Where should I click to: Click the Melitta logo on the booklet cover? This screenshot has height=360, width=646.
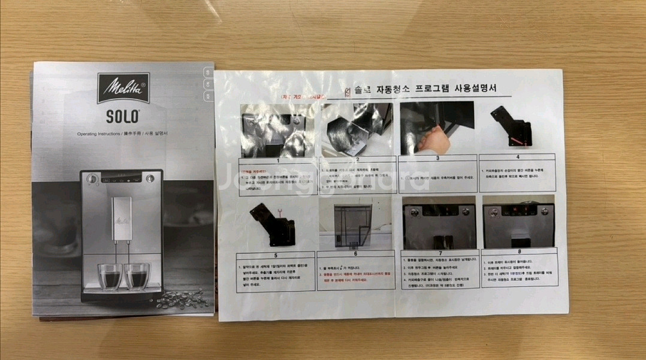pyautogui.click(x=123, y=89)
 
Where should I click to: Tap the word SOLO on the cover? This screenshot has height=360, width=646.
pyautogui.click(x=123, y=115)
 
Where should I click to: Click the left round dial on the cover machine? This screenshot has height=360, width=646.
pyautogui.click(x=92, y=179)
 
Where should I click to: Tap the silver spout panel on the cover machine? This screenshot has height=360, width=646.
pyautogui.click(x=122, y=219)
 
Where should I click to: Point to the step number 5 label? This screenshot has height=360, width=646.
pyautogui.click(x=276, y=253)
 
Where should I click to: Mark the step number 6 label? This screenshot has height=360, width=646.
pyautogui.click(x=355, y=253)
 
